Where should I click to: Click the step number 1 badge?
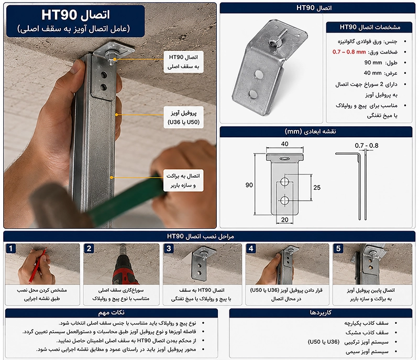(x=10, y=248)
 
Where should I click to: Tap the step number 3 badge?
(x=169, y=248)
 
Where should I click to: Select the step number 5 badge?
(x=338, y=248)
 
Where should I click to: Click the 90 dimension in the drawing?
(x=249, y=185)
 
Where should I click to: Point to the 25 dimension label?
(x=317, y=188)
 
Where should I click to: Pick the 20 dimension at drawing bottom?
(x=284, y=220)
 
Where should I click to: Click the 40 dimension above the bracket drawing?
(x=284, y=144)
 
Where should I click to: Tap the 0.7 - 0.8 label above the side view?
(x=366, y=146)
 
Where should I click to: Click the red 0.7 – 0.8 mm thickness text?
(x=349, y=52)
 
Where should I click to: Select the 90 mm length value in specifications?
(x=373, y=62)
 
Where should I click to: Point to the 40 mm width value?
(x=372, y=73)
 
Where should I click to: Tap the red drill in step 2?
(x=123, y=270)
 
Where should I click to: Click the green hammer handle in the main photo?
(x=128, y=195)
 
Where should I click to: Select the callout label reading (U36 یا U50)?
(x=184, y=122)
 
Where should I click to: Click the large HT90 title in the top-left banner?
(x=59, y=15)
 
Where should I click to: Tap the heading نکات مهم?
(x=111, y=312)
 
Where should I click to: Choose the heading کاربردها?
(x=321, y=312)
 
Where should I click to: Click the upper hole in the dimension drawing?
(x=284, y=181)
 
